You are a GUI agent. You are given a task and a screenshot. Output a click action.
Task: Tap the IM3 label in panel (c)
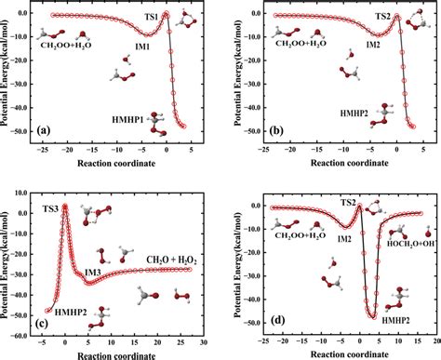pyautogui.click(x=94, y=272)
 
